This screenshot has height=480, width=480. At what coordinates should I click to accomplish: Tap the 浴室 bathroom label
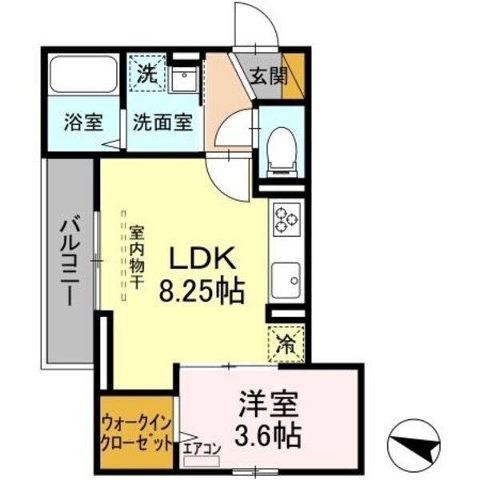pos(84,124)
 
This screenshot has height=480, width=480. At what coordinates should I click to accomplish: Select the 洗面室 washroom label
pos(162,124)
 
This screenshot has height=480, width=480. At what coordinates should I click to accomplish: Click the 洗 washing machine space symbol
pos(147,75)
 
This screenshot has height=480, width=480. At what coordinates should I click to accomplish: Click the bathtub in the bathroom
pos(84,75)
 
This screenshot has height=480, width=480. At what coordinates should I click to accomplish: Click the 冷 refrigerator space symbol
pos(285,345)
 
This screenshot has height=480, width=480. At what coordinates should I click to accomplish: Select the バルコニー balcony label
pos(67,260)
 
